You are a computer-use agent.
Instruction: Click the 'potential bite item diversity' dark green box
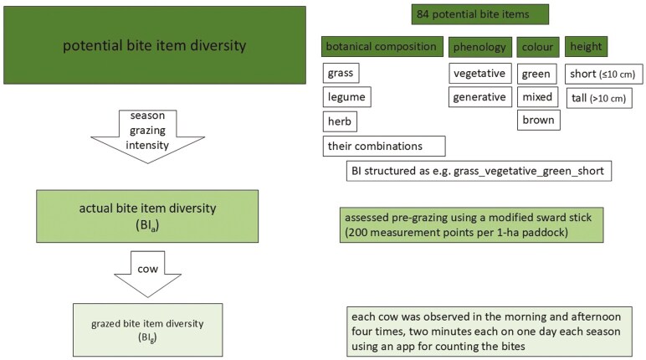(x=153, y=46)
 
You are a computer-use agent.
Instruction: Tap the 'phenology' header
(x=479, y=47)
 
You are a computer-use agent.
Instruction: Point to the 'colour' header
(x=536, y=47)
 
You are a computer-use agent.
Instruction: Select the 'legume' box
(x=346, y=98)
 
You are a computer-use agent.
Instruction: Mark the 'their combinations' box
(x=384, y=147)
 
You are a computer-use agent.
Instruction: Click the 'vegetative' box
(x=479, y=74)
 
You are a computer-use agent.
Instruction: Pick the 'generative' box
(x=479, y=97)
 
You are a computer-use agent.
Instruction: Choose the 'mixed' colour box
(x=537, y=97)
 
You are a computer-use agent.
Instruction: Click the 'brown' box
(x=537, y=121)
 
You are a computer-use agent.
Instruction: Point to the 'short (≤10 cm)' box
(x=603, y=75)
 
